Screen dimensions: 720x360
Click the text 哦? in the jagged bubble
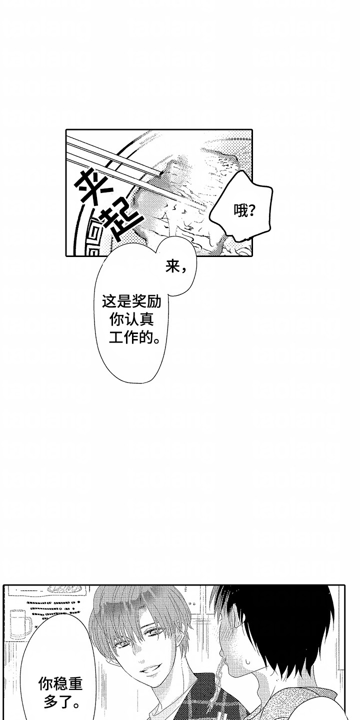pyautogui.click(x=245, y=211)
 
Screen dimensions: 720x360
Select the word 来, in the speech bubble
pyautogui.click(x=176, y=268)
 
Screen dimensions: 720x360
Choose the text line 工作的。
pyautogui.click(x=135, y=339)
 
